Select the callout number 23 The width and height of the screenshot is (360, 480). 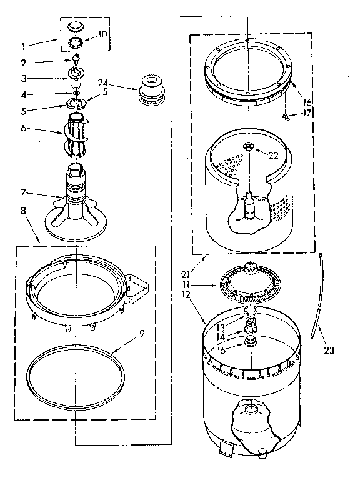pos(329,351)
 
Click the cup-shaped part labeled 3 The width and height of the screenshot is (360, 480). pos(77,76)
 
